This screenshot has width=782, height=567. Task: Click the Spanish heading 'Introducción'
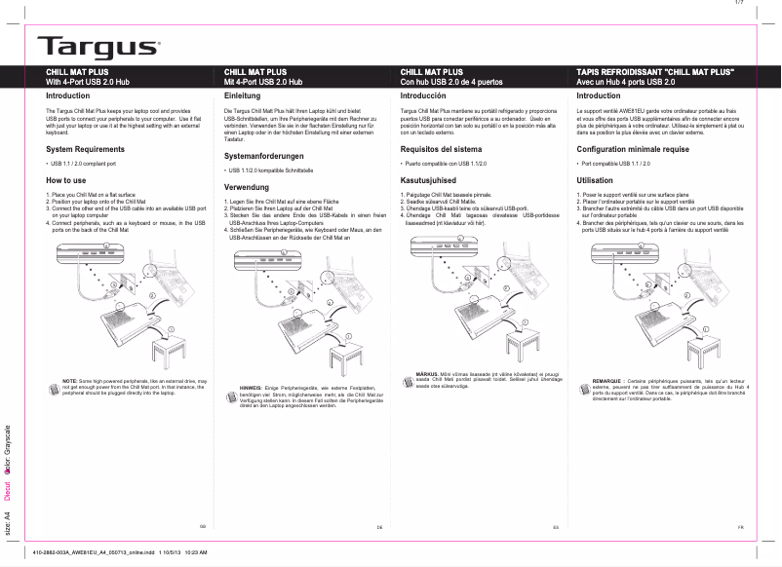coord(430,96)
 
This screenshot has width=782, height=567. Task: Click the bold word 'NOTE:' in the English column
coord(71,380)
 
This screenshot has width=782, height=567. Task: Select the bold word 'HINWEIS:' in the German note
coord(253,387)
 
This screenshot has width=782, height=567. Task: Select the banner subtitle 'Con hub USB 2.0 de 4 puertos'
coord(451,83)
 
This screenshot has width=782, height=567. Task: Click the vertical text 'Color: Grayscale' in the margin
coord(8,447)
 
